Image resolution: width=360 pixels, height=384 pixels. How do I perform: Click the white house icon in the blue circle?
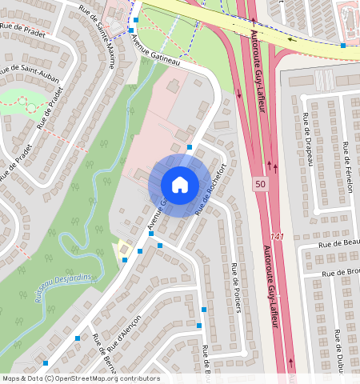[180, 185]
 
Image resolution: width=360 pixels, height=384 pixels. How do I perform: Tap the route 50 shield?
[260, 184]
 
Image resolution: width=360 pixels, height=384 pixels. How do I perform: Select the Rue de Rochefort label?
[212, 189]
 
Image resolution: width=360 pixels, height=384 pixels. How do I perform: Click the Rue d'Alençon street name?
[125, 332]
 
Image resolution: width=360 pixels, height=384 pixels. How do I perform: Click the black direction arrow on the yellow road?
[292, 38]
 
